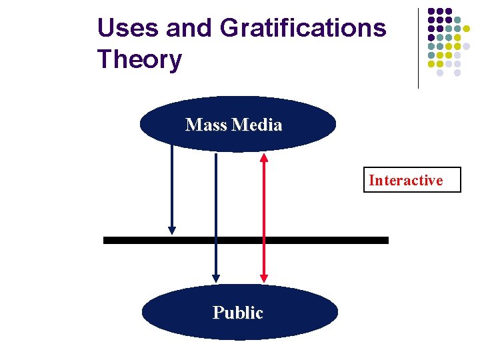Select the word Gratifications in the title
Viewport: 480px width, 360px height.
point(303,29)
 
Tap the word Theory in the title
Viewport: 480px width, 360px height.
point(139,59)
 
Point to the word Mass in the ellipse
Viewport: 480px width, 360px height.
point(205,125)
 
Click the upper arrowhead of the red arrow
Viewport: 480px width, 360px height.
point(264,158)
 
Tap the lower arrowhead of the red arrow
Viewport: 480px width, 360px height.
point(264,277)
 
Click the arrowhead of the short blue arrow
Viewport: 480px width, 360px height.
point(172,230)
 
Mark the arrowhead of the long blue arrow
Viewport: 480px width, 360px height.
point(216,277)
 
